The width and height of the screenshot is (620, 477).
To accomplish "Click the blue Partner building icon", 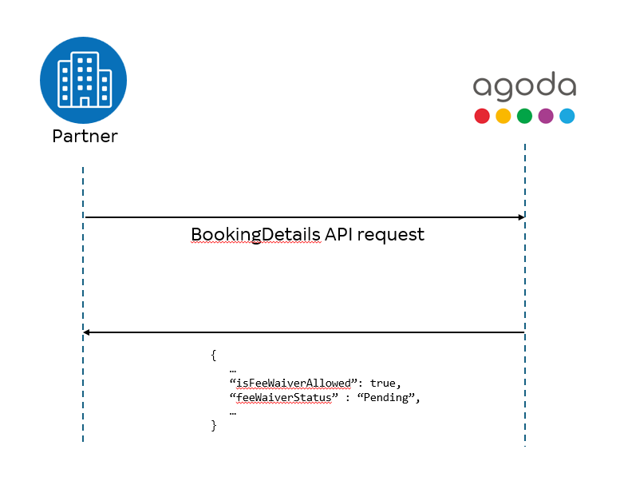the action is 84,81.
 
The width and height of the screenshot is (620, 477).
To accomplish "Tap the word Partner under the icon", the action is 85,136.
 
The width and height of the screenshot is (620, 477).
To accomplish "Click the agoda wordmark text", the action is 525,86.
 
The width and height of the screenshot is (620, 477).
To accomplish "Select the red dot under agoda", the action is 482,116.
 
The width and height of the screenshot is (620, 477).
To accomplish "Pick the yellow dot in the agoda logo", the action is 504,116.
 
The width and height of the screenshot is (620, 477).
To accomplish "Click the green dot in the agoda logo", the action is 525,116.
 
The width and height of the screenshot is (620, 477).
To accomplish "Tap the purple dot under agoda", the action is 546,116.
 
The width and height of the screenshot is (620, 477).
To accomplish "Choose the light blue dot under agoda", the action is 567,116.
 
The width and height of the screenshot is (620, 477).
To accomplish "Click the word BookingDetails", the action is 256,235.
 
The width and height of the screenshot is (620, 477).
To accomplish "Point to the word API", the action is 338,234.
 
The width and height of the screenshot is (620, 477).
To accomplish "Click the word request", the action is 391,235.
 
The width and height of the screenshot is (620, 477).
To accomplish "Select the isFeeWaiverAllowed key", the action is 294,384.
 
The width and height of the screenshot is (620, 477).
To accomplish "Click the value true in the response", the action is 383,384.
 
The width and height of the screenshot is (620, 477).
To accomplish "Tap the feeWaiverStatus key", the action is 284,397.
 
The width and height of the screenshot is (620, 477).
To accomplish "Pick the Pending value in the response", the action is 386,397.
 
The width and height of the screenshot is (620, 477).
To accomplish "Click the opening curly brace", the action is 214,355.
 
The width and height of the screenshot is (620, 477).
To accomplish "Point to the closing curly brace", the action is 214,426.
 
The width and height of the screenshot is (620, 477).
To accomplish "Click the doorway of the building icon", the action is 85,102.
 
